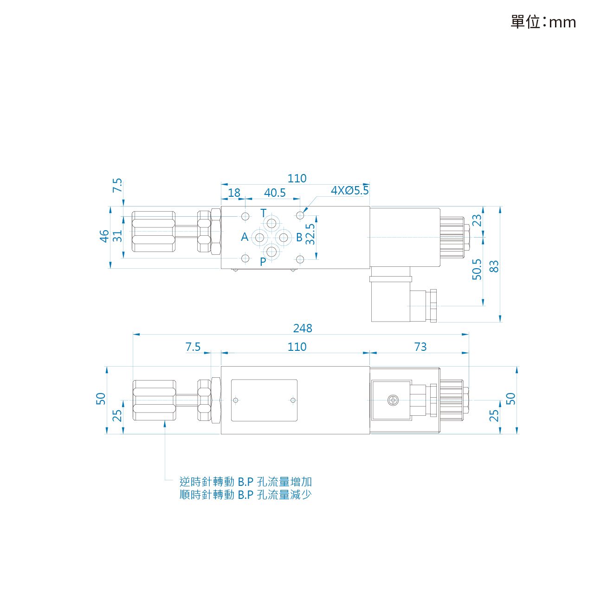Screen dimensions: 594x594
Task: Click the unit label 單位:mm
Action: pyautogui.click(x=542, y=22)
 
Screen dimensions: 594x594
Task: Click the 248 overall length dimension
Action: pyautogui.click(x=302, y=328)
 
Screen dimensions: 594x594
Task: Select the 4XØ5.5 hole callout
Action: pyautogui.click(x=349, y=191)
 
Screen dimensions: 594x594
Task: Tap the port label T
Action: pyautogui.click(x=263, y=213)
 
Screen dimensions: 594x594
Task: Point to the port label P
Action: pyautogui.click(x=263, y=262)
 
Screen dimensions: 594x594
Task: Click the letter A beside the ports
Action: pyautogui.click(x=245, y=237)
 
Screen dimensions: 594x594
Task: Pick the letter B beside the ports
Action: pyautogui.click(x=299, y=237)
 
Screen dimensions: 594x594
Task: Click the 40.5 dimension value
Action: pyautogui.click(x=275, y=193)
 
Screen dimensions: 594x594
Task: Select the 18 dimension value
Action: pyautogui.click(x=234, y=193)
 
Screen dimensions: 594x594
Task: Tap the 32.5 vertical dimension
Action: pyautogui.click(x=310, y=234)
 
